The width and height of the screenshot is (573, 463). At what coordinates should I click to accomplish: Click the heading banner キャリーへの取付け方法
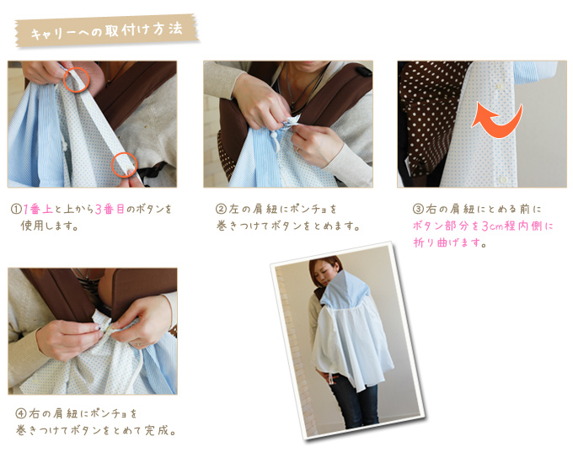point(107,30)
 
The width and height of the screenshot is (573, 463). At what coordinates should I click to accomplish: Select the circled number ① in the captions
point(17,210)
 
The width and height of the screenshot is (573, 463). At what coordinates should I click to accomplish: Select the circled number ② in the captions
point(221,210)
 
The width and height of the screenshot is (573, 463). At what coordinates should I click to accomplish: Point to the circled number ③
point(418,210)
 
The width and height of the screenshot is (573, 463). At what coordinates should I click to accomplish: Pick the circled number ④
point(21,413)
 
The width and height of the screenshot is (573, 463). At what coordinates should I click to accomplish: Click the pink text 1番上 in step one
point(38,210)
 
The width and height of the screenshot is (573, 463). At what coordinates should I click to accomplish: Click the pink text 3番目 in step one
point(110,210)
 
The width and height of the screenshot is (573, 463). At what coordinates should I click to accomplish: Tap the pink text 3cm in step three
point(492,226)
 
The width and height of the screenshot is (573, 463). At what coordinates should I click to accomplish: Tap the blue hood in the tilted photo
point(345,290)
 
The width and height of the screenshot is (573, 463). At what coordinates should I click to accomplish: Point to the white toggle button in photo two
point(273,136)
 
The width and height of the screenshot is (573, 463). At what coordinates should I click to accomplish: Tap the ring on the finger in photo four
point(138,344)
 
